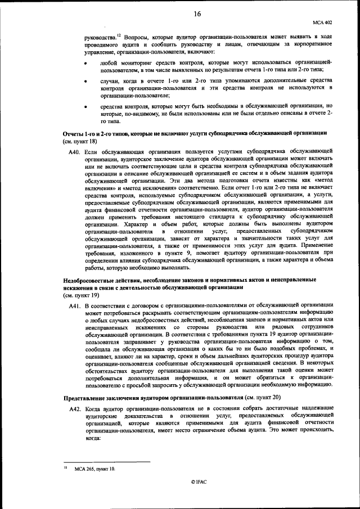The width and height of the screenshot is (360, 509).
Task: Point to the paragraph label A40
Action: tap(75, 152)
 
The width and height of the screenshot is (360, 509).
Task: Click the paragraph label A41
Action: tap(75, 304)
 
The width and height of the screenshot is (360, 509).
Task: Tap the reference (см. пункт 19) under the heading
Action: tap(80, 294)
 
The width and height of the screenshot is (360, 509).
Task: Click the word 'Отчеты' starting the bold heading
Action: tap(73, 134)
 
